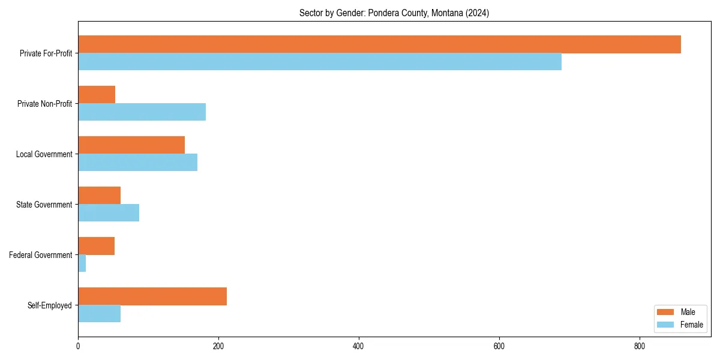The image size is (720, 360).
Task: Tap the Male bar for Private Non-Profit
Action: pyautogui.click(x=97, y=95)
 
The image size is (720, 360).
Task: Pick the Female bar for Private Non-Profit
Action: pyautogui.click(x=142, y=112)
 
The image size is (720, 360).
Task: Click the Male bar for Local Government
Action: pyautogui.click(x=131, y=145)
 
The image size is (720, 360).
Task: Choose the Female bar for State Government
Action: pyautogui.click(x=109, y=213)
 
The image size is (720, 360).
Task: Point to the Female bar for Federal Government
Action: pyautogui.click(x=82, y=263)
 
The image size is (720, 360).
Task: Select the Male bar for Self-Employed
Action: pyautogui.click(x=152, y=296)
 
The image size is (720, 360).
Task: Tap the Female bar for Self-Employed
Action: pyautogui.click(x=99, y=314)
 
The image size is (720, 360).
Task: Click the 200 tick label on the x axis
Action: pyautogui.click(x=218, y=346)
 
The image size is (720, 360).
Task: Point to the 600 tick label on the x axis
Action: pyautogui.click(x=499, y=346)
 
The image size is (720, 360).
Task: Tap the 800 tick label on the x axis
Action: pyautogui.click(x=640, y=346)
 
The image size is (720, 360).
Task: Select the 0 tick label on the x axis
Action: pyautogui.click(x=78, y=346)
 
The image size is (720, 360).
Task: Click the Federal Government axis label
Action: pyautogui.click(x=41, y=255)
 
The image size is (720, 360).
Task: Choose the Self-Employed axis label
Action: pyautogui.click(x=50, y=305)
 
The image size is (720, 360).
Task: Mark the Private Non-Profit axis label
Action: pyautogui.click(x=44, y=104)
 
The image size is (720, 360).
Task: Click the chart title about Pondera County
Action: pyautogui.click(x=394, y=13)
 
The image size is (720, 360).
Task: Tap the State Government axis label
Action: pyautogui.click(x=44, y=205)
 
